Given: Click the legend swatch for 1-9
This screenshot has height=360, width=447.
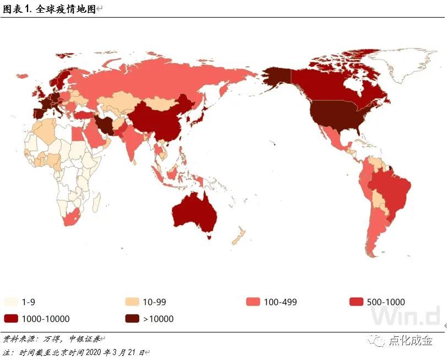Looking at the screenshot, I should [12, 302].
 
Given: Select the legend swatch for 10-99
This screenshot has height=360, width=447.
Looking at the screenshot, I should [132, 302].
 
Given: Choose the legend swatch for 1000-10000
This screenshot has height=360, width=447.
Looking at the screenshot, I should [12, 318].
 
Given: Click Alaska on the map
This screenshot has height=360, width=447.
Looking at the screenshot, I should [275, 80].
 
